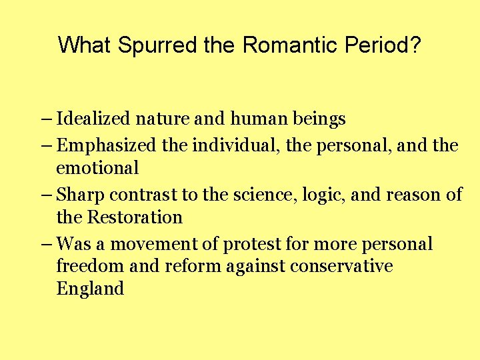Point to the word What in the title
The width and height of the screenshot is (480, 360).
tap(85, 45)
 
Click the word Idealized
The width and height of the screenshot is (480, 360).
tap(94, 120)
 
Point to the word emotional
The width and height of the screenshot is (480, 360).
tap(97, 168)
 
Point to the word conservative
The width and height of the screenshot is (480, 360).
tap(341, 267)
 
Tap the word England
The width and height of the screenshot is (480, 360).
tap(90, 289)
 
